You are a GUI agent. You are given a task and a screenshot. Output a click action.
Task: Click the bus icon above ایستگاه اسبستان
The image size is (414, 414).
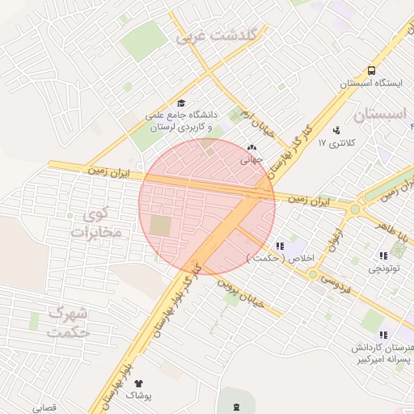tap(371, 70)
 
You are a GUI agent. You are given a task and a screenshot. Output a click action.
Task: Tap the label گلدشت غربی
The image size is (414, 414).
tap(216, 36)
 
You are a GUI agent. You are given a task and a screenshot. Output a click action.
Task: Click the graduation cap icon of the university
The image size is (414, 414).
tap(181, 103)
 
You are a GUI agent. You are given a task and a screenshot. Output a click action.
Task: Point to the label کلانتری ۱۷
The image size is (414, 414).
tap(332, 143)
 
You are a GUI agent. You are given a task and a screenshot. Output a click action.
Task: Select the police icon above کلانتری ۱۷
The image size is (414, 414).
tap(336, 129)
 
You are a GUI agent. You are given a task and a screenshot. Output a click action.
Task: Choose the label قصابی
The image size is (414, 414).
tap(44, 408)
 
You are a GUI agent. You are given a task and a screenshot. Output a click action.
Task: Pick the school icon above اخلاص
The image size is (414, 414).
tap(280, 245)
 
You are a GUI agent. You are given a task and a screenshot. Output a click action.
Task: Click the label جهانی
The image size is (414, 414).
tap(251, 160)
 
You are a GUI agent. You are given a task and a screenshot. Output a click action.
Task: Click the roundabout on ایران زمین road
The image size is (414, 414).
tap(355, 209)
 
